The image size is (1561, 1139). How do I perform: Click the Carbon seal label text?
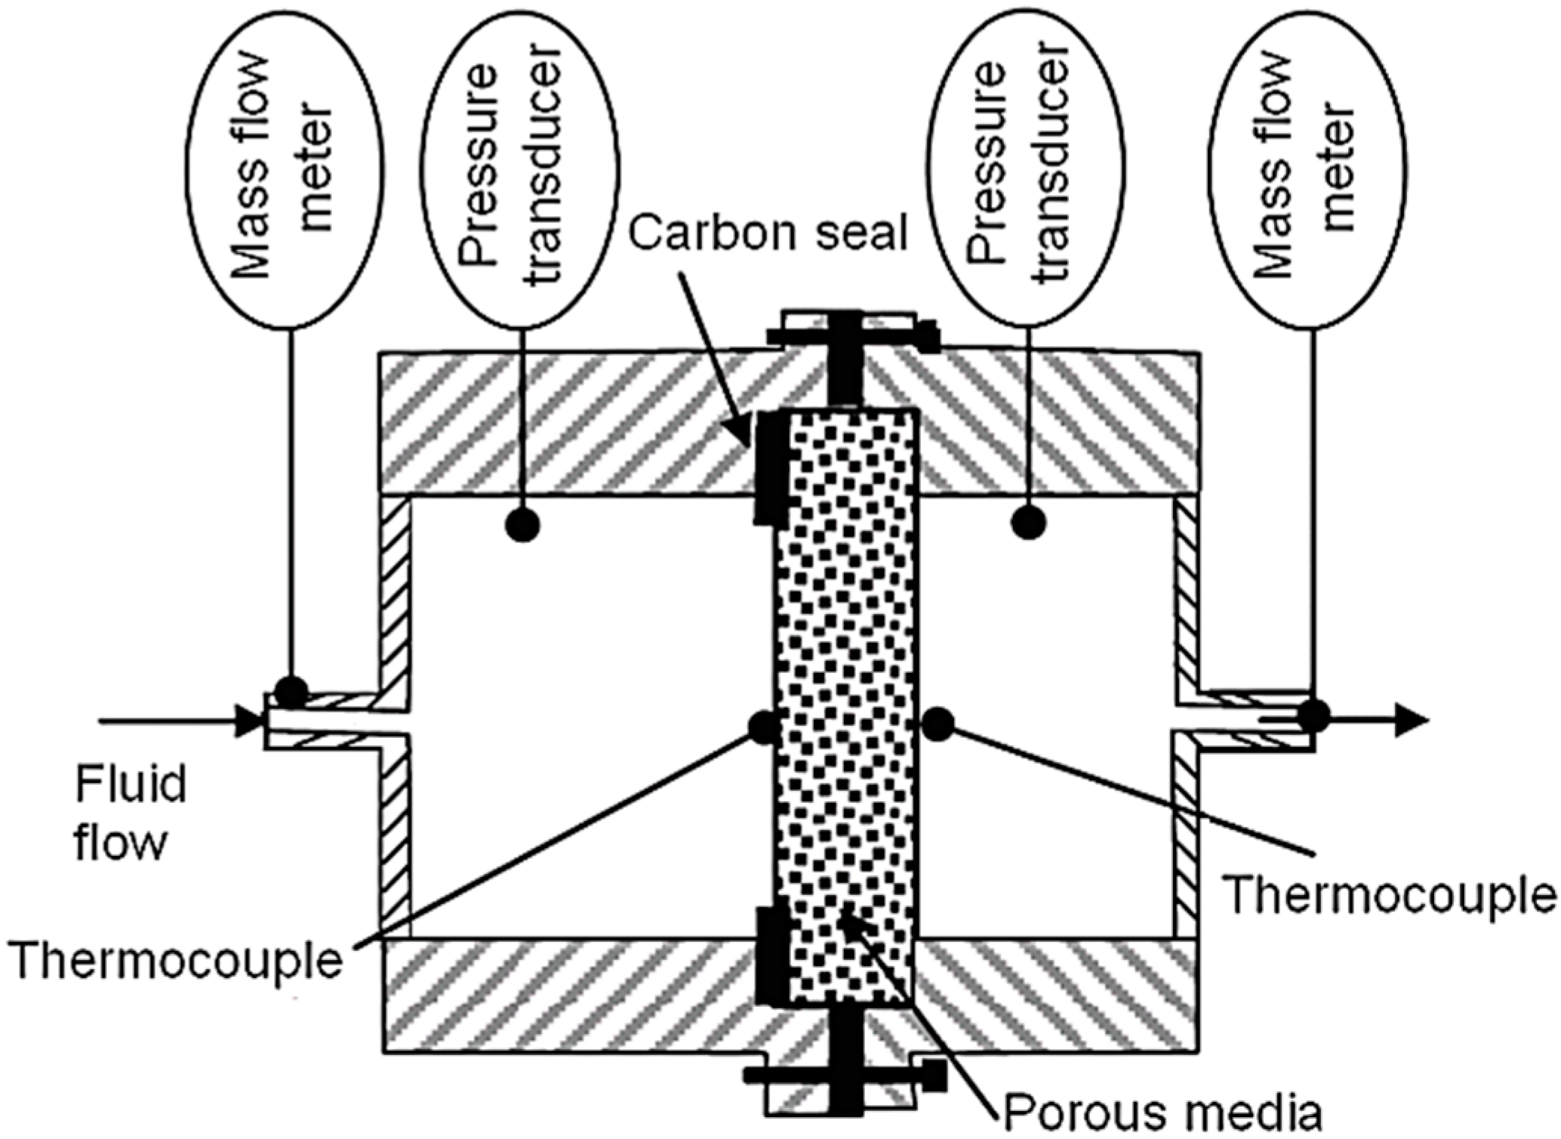(768, 234)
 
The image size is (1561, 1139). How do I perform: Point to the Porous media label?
(1162, 1110)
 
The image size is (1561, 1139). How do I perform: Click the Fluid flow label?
(130, 813)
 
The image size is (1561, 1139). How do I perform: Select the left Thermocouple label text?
(178, 962)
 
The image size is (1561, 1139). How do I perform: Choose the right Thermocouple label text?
(1389, 894)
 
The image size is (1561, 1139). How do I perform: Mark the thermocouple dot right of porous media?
(938, 724)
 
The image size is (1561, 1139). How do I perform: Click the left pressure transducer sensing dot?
(522, 524)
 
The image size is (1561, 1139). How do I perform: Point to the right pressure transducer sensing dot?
(1028, 522)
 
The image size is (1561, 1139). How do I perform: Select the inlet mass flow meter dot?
(291, 690)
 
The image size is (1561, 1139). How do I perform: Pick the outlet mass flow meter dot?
(1313, 715)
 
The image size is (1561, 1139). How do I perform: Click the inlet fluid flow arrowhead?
(248, 721)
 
